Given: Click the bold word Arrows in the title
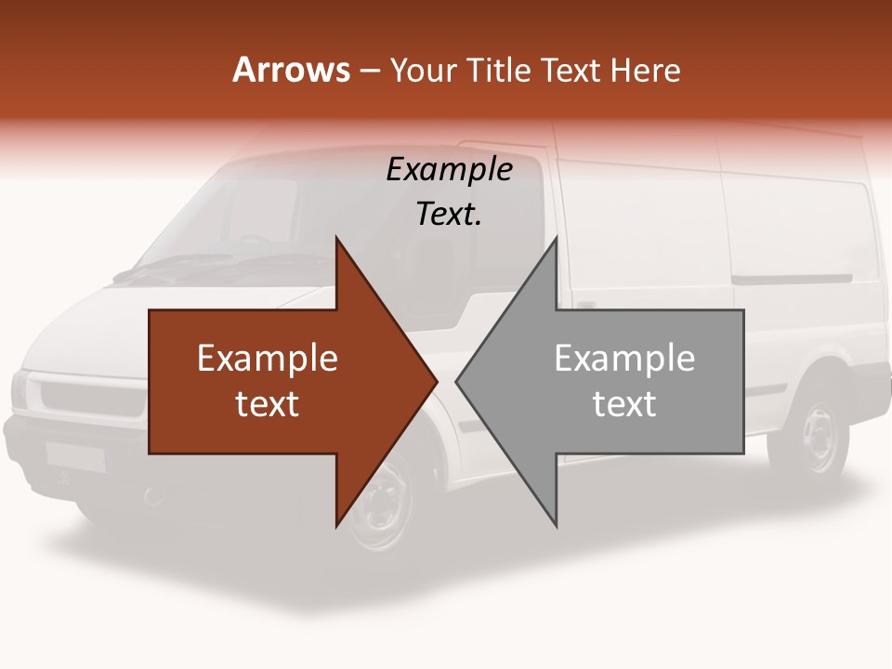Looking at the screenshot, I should tap(291, 70).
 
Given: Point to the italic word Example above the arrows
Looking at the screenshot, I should tap(449, 169).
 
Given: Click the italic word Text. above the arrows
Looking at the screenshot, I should tap(449, 214).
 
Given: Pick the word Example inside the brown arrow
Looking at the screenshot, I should tap(267, 359).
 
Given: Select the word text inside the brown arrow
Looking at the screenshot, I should tap(267, 403).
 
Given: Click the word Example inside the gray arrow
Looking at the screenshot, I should tap(624, 359).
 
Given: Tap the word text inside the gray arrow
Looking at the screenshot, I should tap(624, 403).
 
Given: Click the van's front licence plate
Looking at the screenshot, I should tap(74, 455).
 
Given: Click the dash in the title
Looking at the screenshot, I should tap(367, 70).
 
